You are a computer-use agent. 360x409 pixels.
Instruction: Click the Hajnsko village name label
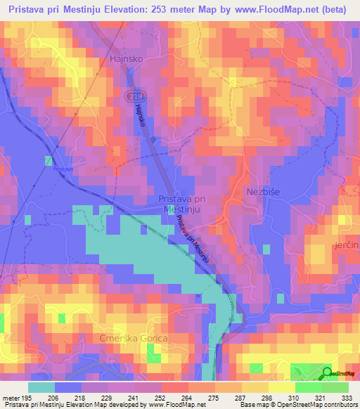pyautogui.click(x=127, y=60)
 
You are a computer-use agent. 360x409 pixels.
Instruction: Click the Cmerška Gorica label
pyautogui.click(x=139, y=339)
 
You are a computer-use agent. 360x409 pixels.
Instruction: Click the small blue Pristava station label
pyautogui.click(x=63, y=169)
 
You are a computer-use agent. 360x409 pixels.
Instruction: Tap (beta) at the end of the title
pyautogui.click(x=335, y=9)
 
